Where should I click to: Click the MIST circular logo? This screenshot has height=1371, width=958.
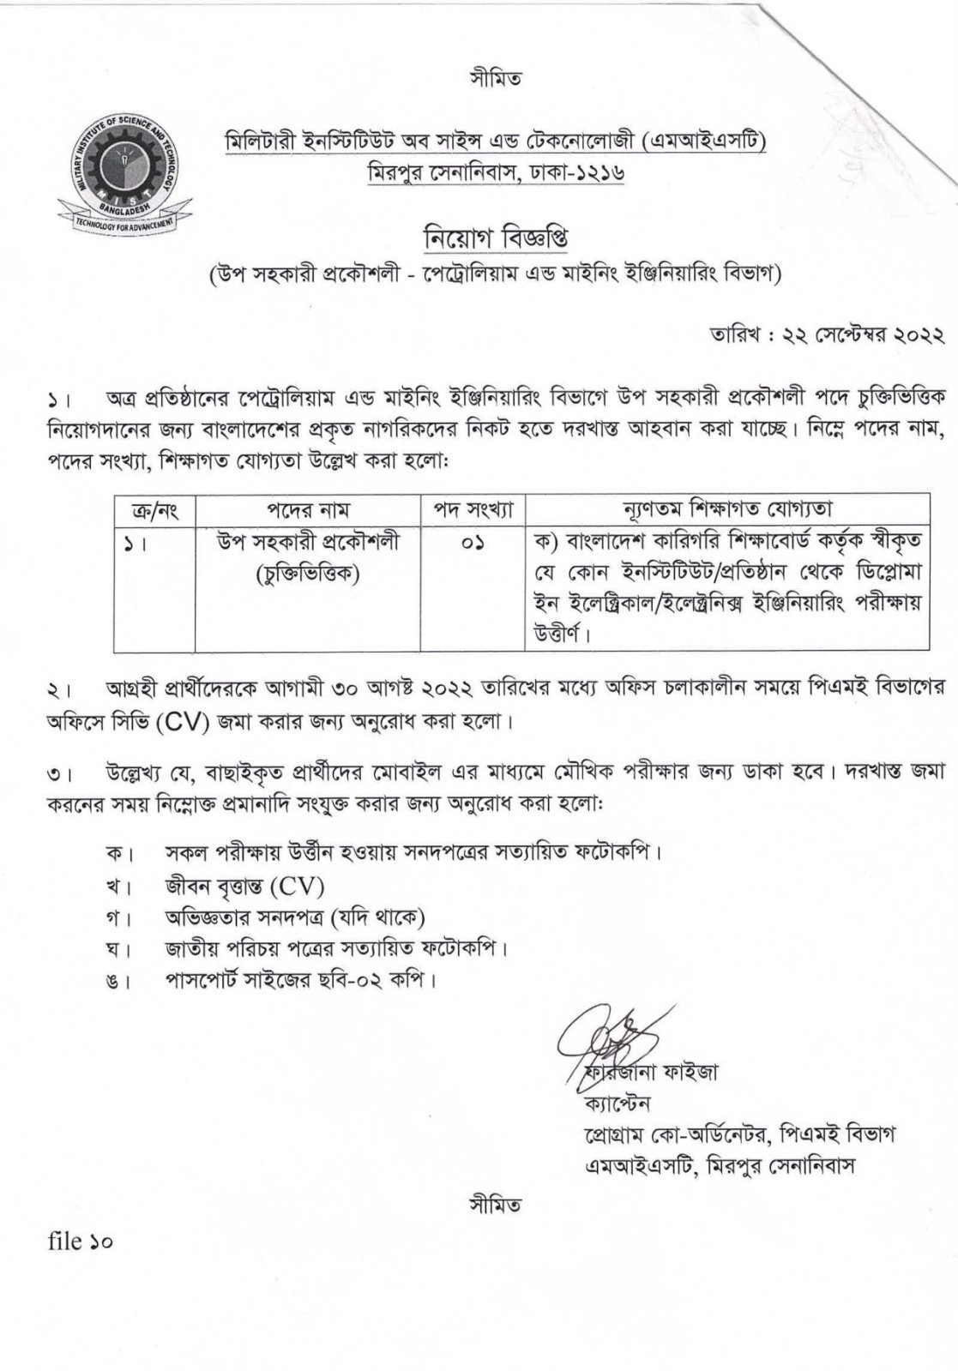tap(117, 169)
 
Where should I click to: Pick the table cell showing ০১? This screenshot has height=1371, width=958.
tap(473, 543)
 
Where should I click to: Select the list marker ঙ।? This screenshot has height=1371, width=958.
tap(117, 980)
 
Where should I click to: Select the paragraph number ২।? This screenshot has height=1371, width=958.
tap(59, 689)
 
